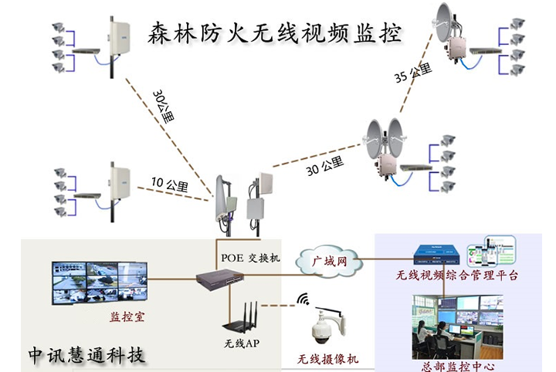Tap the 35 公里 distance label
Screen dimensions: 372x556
pos(412,75)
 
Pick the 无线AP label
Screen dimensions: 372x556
pos(241,343)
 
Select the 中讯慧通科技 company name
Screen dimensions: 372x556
pos(86,355)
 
